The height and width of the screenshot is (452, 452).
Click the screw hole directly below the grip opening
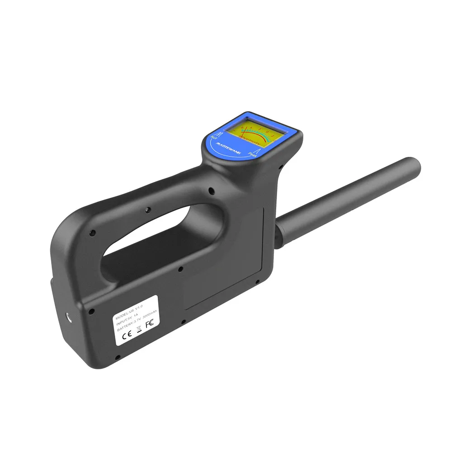[180, 269]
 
